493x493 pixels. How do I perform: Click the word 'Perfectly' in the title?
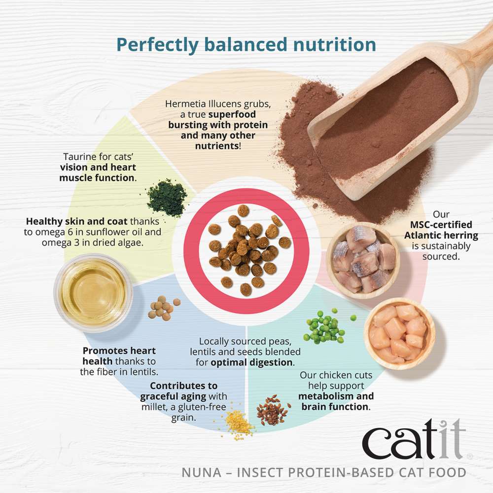click(x=158, y=45)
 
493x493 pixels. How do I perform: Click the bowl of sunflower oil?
click(x=94, y=293)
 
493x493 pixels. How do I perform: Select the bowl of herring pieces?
click(x=363, y=260)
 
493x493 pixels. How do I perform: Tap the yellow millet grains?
click(x=238, y=422)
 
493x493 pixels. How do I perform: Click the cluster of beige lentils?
click(x=164, y=308)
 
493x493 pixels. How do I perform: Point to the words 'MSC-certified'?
click(x=441, y=225)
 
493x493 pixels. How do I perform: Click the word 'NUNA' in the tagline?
click(x=202, y=473)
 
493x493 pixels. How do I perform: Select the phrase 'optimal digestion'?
click(x=251, y=362)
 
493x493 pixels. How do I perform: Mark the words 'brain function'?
click(x=335, y=407)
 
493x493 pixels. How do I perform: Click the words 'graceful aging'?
click(x=173, y=396)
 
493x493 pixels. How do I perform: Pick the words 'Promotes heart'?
click(x=119, y=351)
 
